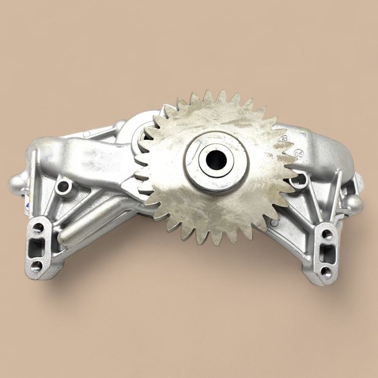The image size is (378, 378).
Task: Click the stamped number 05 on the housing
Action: [x=299, y=153]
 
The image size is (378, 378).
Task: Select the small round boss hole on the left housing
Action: [x=64, y=187]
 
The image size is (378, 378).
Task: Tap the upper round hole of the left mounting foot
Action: [x=38, y=227]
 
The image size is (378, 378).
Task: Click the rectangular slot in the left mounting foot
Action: [x=37, y=247]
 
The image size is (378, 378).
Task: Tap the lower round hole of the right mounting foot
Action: [x=326, y=271]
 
